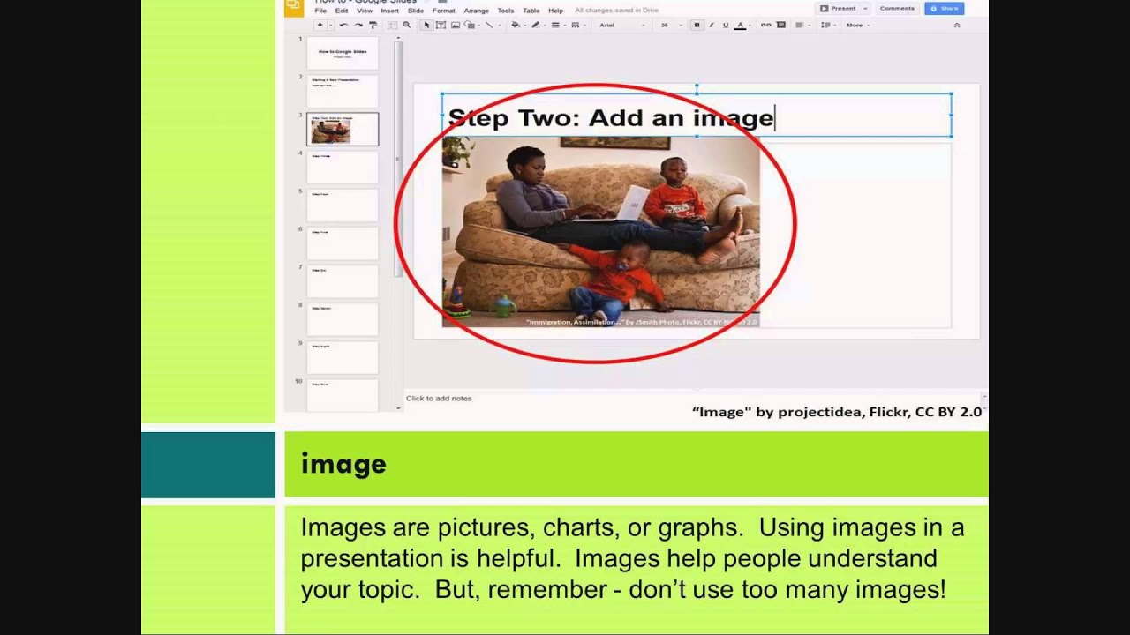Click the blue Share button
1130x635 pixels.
(x=944, y=8)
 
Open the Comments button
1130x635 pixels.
(x=897, y=8)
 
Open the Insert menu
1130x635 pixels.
(x=389, y=11)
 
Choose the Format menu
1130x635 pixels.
(x=443, y=11)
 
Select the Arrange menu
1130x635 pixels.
(x=476, y=11)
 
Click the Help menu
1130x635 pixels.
(x=555, y=11)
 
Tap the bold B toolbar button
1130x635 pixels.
(x=697, y=25)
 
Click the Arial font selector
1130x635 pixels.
(x=618, y=25)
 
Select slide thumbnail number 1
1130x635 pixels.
(x=343, y=53)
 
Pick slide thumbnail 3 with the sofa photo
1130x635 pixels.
(x=343, y=129)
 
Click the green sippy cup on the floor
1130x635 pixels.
(x=504, y=306)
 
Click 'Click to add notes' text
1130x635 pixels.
(x=439, y=399)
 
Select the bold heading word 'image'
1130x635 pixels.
(x=343, y=464)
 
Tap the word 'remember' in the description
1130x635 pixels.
(x=530, y=589)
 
